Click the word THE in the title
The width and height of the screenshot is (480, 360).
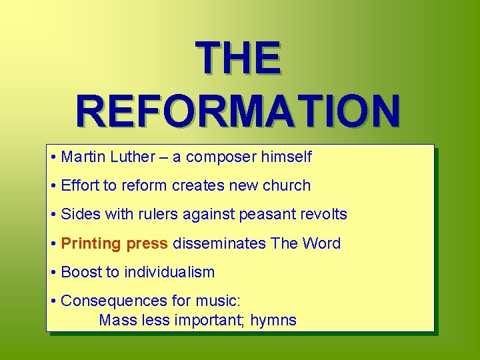(x=238, y=58)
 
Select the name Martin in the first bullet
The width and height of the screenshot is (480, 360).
(x=82, y=157)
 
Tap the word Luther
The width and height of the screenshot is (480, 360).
(x=129, y=157)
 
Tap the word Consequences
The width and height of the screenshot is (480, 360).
(x=108, y=301)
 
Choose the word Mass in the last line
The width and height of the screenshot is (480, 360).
(x=118, y=321)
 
